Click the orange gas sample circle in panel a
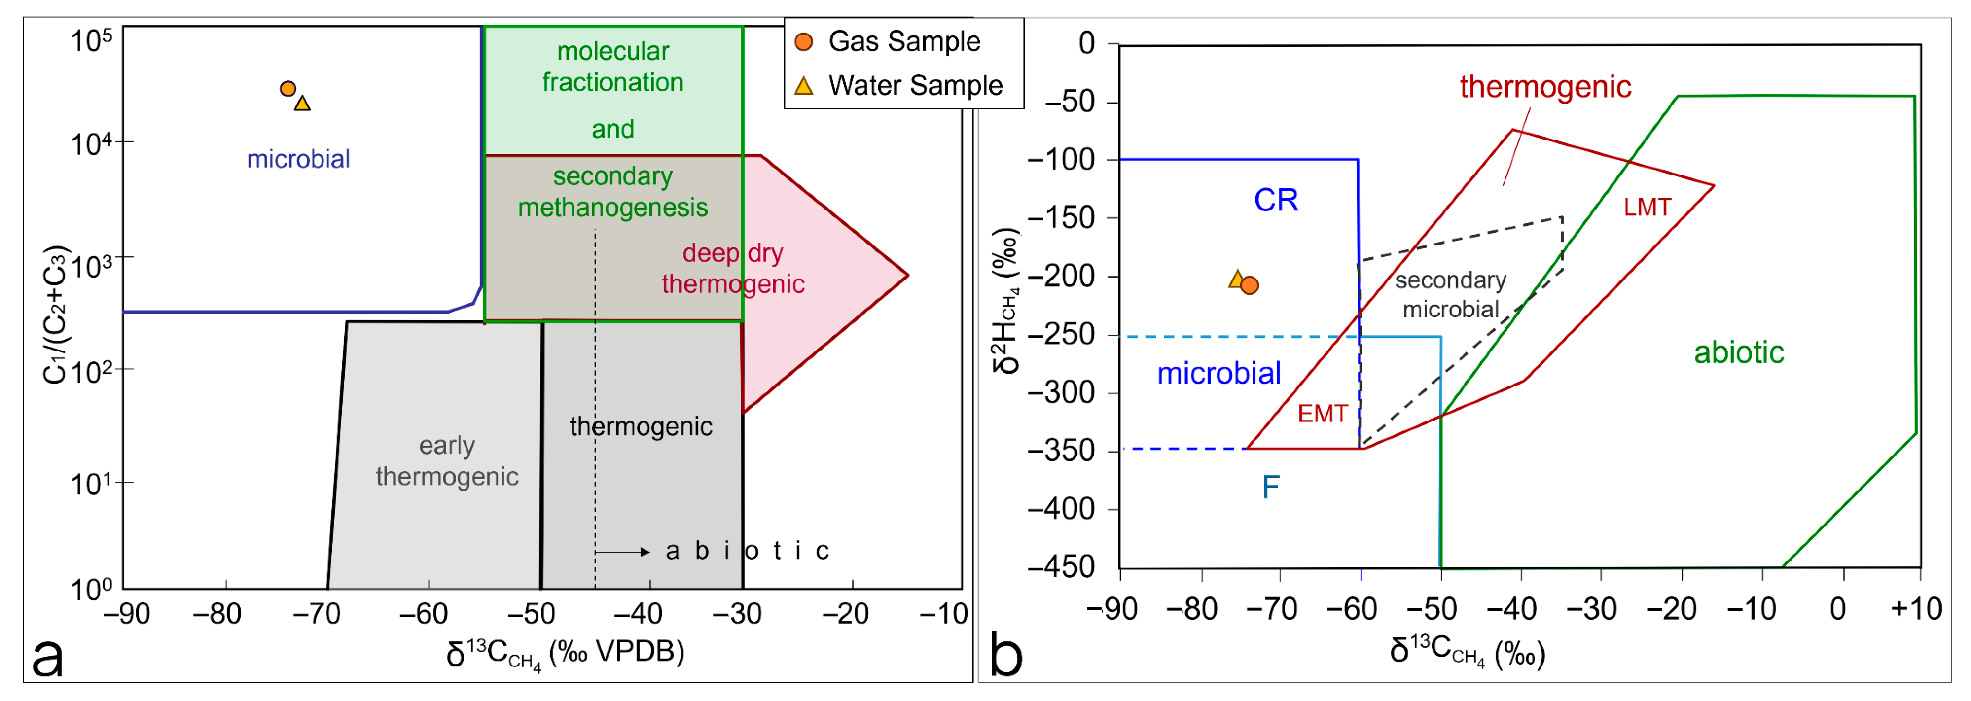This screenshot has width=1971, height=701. pyautogui.click(x=287, y=89)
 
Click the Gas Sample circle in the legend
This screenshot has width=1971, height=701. pyautogui.click(x=803, y=41)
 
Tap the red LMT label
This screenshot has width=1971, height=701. pyautogui.click(x=1648, y=207)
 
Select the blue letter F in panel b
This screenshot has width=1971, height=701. pyautogui.click(x=1270, y=487)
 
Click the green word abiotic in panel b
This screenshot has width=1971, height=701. pyautogui.click(x=1738, y=353)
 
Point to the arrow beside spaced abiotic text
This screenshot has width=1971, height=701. pyautogui.click(x=622, y=552)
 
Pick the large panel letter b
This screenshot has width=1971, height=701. pyautogui.click(x=1005, y=654)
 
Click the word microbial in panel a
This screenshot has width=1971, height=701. pyautogui.click(x=298, y=159)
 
